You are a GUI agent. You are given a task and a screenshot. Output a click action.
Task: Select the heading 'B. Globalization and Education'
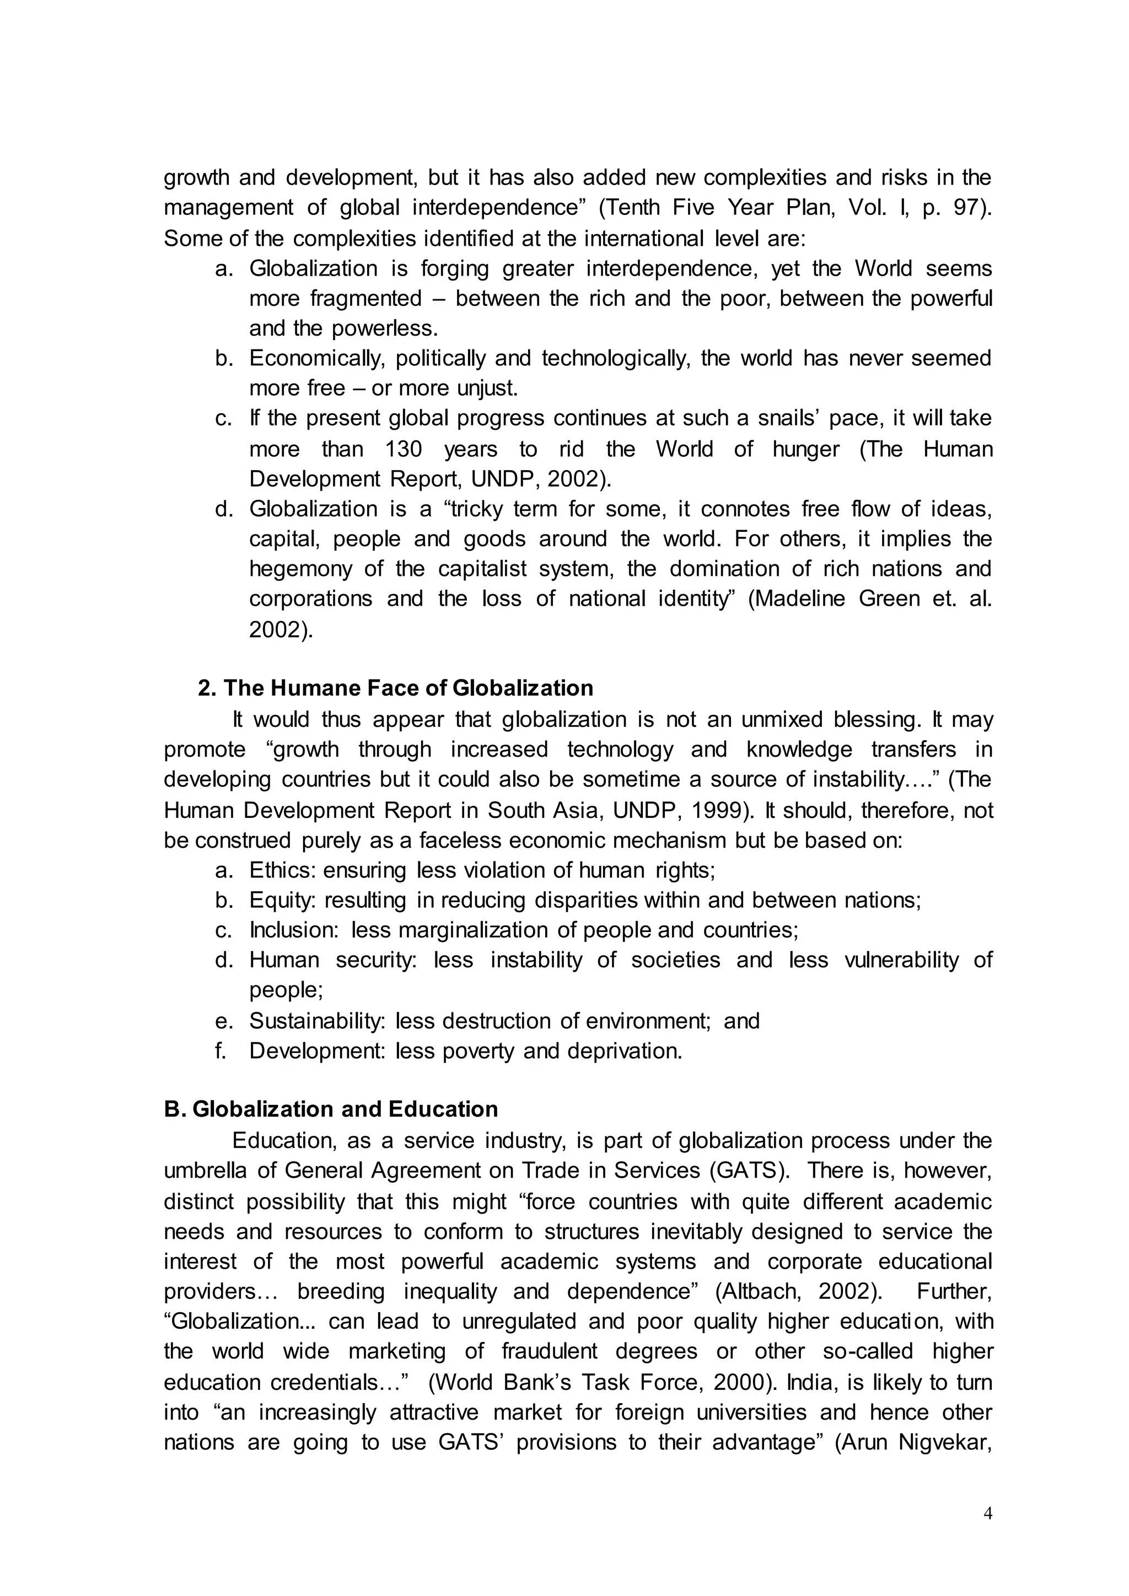331,1109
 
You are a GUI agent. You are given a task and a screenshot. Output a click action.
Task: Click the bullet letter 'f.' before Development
221,1050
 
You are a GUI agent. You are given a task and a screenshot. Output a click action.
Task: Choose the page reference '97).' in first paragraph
972,208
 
